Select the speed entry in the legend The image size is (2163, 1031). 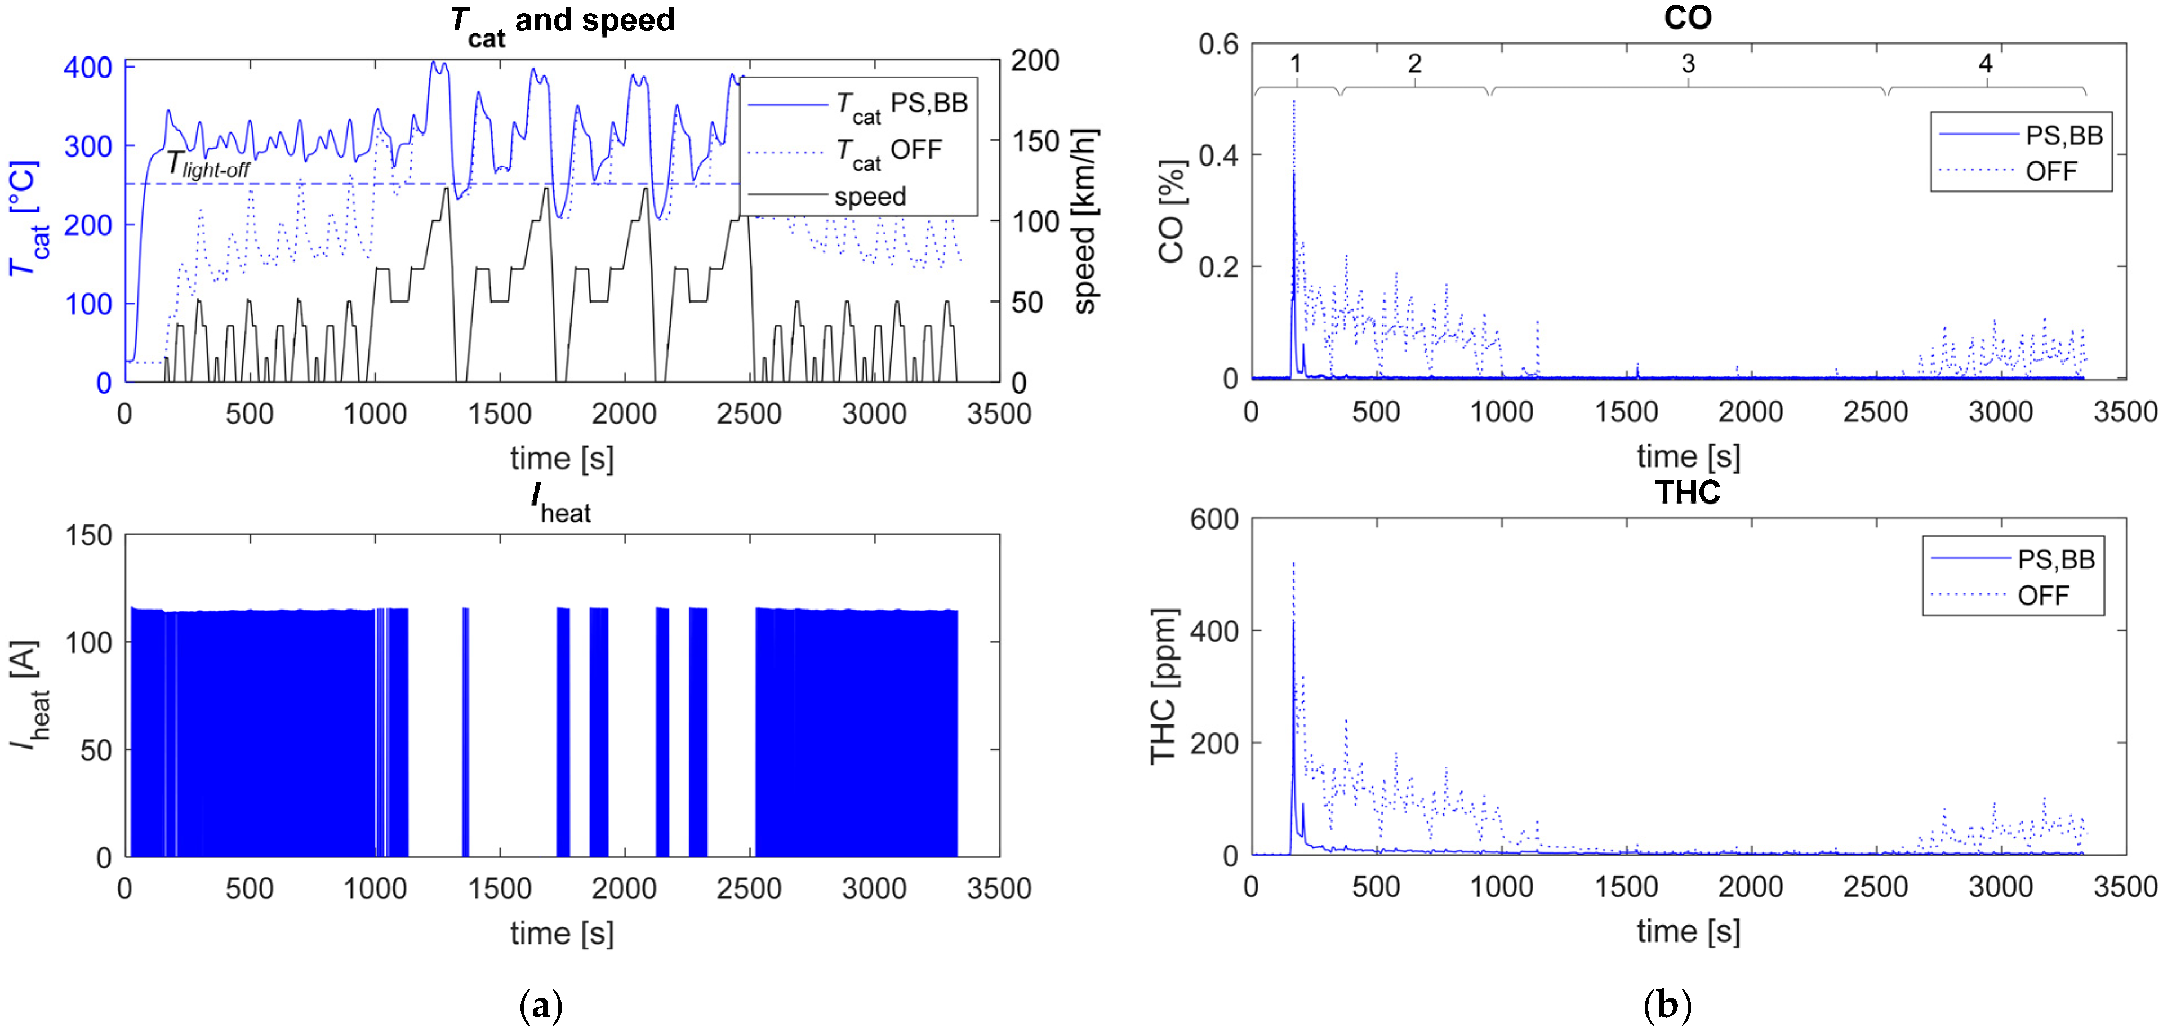pyautogui.click(x=869, y=197)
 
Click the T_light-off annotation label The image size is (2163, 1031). pyautogui.click(x=207, y=165)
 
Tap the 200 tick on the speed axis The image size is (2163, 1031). pyautogui.click(x=1035, y=60)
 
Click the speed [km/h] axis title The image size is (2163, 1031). pyautogui.click(x=1085, y=221)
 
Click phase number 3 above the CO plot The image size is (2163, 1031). pyautogui.click(x=1688, y=64)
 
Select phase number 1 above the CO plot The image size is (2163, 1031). pyautogui.click(x=1295, y=64)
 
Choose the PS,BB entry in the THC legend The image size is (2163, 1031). pyautogui.click(x=2055, y=559)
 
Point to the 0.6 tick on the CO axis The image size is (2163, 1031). pyautogui.click(x=1217, y=43)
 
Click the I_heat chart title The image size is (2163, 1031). pyautogui.click(x=561, y=502)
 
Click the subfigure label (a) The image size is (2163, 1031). pyautogui.click(x=540, y=1005)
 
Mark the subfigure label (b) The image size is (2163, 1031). pyautogui.click(x=1667, y=1005)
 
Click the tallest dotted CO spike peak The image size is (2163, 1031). pyautogui.click(x=1293, y=101)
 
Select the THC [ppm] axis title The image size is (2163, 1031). pyautogui.click(x=1163, y=686)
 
